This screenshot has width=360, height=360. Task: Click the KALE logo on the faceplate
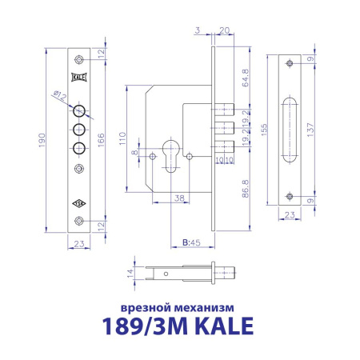click(x=78, y=77)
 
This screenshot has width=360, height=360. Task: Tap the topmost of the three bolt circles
click(x=78, y=110)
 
